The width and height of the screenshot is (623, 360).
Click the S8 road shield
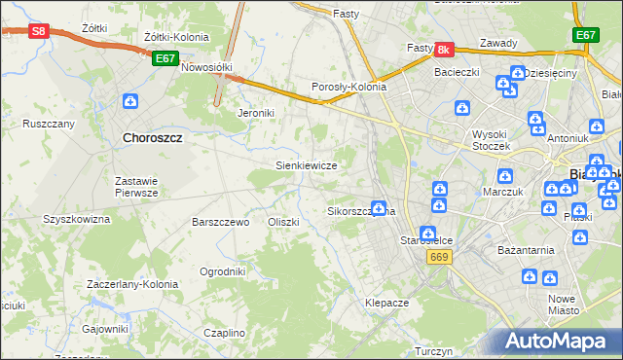(x=38, y=31)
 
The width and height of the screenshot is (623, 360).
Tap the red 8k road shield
(x=444, y=49)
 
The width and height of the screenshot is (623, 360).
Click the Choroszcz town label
(x=154, y=138)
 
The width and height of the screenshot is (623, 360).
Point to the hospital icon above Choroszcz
(x=130, y=100)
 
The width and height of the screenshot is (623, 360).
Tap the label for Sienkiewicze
(x=307, y=165)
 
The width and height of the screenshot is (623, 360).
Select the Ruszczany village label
(x=49, y=125)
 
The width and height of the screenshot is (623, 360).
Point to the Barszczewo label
(x=221, y=222)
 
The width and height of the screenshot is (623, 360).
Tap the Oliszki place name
(x=283, y=222)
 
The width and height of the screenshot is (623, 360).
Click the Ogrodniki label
(x=222, y=271)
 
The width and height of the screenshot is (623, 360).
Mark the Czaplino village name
(x=225, y=333)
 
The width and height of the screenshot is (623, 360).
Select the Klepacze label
(x=386, y=303)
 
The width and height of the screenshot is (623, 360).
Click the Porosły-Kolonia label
(x=348, y=87)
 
